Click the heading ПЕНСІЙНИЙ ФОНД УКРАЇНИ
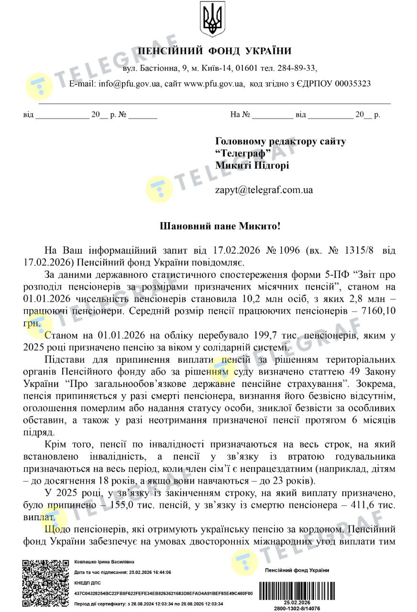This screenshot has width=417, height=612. [214, 51]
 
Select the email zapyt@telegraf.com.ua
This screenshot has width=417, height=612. [264, 190]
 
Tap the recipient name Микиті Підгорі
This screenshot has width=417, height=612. [252, 165]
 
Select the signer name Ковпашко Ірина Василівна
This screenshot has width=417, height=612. [104, 561]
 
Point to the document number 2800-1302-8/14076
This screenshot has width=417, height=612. [297, 608]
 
